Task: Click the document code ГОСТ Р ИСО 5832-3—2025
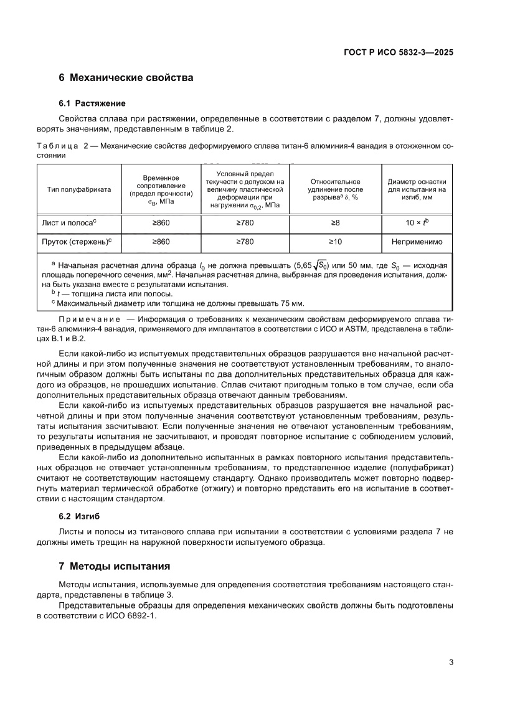pos(397,53)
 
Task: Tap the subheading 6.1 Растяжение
pos(92,103)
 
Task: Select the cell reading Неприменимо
pos(417,242)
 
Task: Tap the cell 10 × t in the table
pos(417,222)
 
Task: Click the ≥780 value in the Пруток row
pos(245,242)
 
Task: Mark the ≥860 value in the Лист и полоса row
pos(161,222)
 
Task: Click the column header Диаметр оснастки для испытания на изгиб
pos(417,189)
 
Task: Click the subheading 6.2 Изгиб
pos(79,516)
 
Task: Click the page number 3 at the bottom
pos(450,662)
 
